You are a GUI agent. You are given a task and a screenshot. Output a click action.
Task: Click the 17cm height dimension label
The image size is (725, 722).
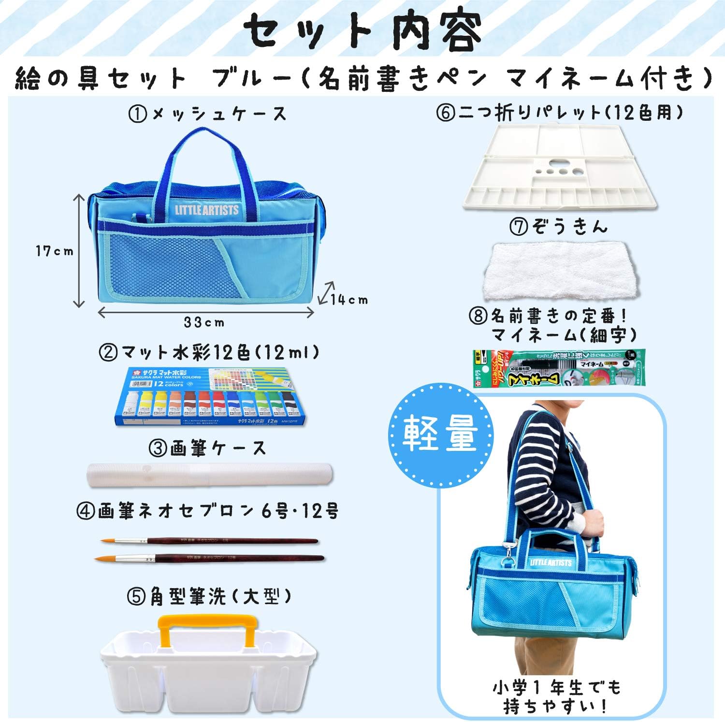pos(54,251)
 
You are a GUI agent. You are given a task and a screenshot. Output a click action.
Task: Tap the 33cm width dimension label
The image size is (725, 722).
pos(204,322)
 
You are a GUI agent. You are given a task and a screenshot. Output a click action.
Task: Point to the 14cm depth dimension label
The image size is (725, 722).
pos(349,300)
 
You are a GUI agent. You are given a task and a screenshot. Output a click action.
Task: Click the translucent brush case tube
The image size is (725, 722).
pos(210,475)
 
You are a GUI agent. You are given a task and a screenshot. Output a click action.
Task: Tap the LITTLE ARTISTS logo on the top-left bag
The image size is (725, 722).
pos(207,210)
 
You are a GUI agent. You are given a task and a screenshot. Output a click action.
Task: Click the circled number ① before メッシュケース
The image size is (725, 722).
pos(138,115)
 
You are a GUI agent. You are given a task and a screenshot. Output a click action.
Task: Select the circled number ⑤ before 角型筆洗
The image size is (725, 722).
pos(136,597)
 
